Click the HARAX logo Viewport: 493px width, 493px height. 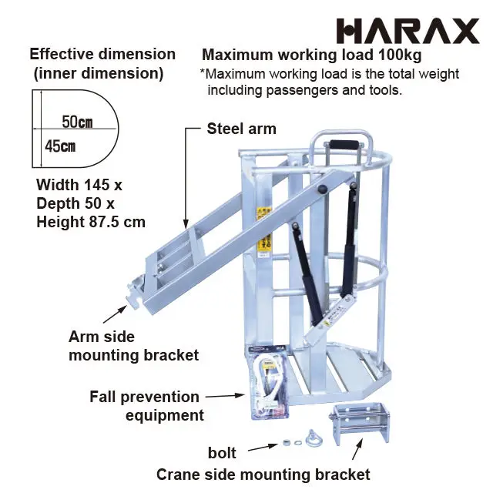point(407,31)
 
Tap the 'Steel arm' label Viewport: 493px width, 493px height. point(241,129)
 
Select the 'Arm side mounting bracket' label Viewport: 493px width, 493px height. point(133,346)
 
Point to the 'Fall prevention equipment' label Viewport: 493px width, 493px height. point(146,406)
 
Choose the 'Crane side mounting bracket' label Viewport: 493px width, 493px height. point(263,475)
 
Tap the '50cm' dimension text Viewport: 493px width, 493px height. point(77,122)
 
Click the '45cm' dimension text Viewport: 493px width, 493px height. point(60,146)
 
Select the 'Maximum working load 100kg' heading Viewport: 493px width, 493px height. point(311,55)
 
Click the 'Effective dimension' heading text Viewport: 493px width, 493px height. point(102,55)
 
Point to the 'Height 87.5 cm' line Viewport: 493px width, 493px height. point(91,222)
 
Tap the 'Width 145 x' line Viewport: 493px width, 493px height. point(79,185)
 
